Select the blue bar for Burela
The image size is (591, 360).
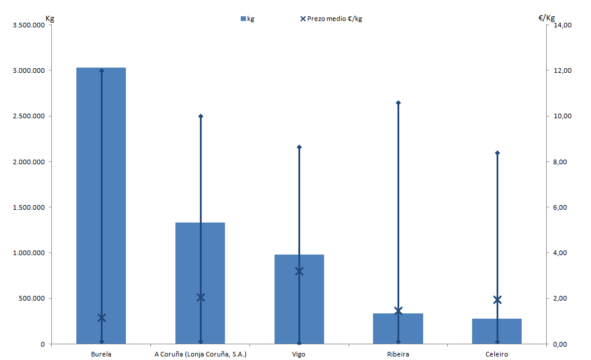click(87, 204)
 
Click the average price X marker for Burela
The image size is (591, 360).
click(101, 317)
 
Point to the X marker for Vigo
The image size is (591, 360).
click(300, 271)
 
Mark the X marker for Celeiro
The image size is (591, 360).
click(497, 300)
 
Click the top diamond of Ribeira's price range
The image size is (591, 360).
click(398, 103)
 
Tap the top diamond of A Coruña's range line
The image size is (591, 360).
click(200, 116)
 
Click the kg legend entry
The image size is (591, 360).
click(247, 19)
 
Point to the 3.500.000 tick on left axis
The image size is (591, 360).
click(29, 25)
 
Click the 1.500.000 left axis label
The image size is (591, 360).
click(29, 207)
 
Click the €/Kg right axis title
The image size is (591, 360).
click(546, 17)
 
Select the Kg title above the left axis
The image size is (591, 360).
click(50, 17)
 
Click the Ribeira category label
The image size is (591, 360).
click(398, 354)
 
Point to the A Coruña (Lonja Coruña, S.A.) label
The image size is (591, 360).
click(200, 354)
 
